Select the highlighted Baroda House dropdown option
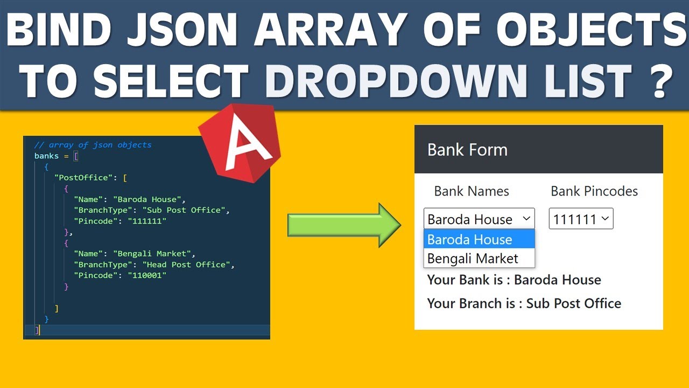pos(470,239)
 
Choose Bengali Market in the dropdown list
pos(473,259)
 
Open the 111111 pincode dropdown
pos(581,219)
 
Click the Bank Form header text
pos(467,150)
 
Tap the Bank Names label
pos(471,191)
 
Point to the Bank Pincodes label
pos(594,191)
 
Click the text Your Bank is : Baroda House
pos(514,280)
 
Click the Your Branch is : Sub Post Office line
pos(524,303)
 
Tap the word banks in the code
pos(46,156)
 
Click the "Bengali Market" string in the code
pos(152,253)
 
